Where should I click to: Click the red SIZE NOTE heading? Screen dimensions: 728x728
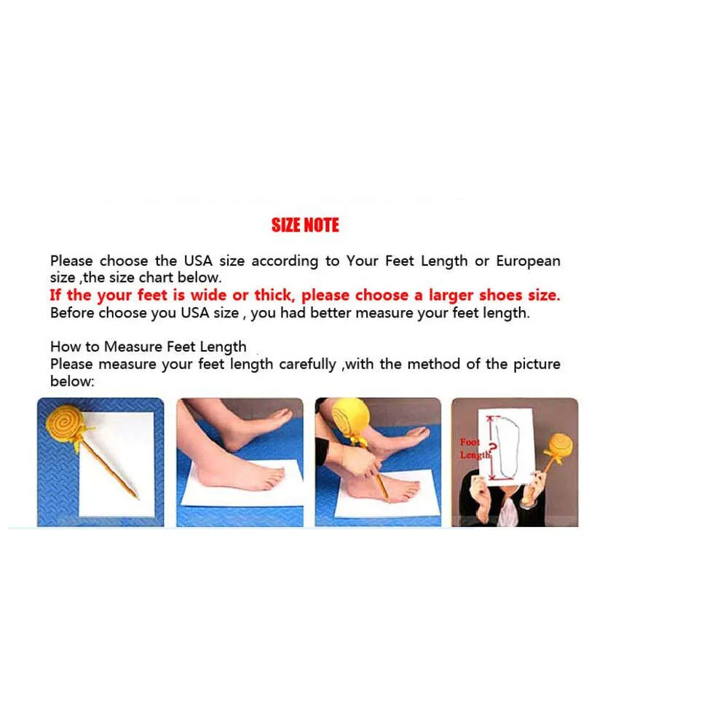pyautogui.click(x=305, y=225)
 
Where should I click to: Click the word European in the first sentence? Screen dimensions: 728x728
pyautogui.click(x=528, y=261)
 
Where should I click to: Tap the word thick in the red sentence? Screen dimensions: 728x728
pyautogui.click(x=274, y=296)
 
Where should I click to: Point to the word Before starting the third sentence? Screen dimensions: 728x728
pyautogui.click(x=72, y=312)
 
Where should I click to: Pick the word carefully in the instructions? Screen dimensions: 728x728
pyautogui.click(x=307, y=365)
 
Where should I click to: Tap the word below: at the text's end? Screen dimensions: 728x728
pyautogui.click(x=72, y=381)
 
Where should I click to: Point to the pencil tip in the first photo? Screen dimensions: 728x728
pyautogui.click(x=138, y=499)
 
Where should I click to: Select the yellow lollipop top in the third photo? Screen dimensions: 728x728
pyautogui.click(x=351, y=416)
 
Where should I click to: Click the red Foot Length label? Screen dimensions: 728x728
pyautogui.click(x=475, y=448)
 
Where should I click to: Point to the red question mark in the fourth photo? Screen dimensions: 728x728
pyautogui.click(x=493, y=448)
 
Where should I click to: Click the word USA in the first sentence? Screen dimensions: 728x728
pyautogui.click(x=198, y=261)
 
